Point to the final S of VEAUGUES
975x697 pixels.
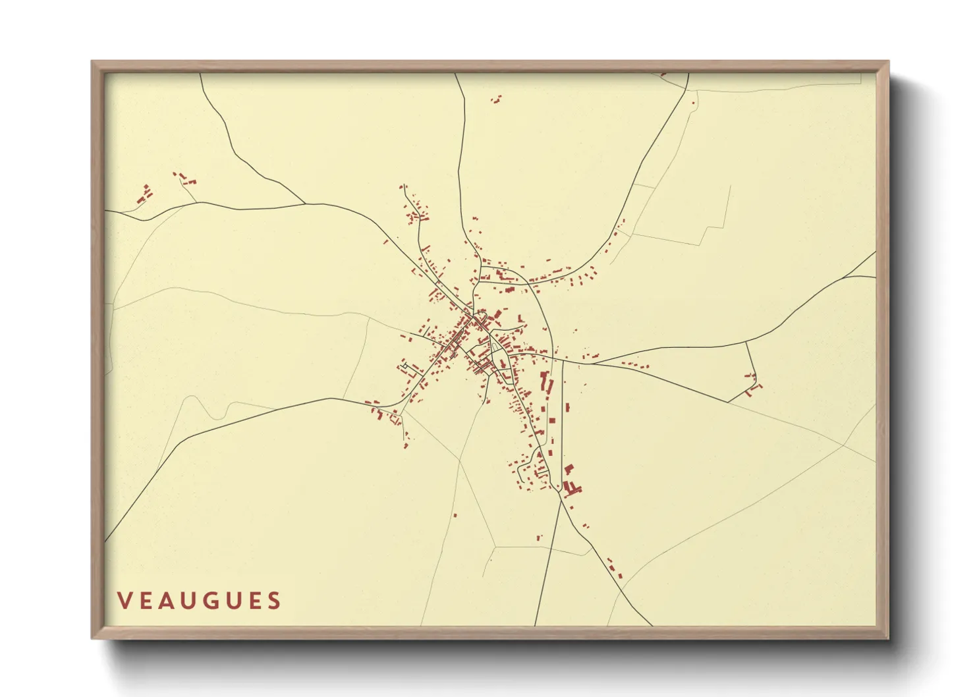274,601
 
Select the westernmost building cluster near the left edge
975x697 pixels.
144,194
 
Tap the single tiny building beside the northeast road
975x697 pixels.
693,102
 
